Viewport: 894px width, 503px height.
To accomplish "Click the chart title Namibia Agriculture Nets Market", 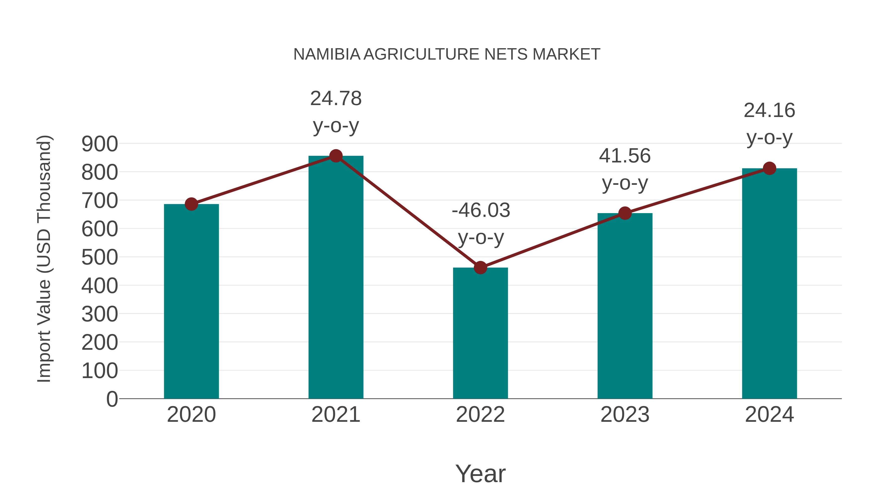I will click(447, 54).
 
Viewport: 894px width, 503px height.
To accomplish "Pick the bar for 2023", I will click(625, 306).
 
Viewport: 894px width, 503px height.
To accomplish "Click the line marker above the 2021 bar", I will click(335, 156).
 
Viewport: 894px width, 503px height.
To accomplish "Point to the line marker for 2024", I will click(769, 168).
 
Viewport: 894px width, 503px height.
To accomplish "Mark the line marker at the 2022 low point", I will click(480, 268).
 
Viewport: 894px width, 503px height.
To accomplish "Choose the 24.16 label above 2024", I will click(769, 124).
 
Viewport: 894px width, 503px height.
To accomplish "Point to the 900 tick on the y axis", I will click(100, 144).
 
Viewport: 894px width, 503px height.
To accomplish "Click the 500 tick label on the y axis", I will click(100, 257).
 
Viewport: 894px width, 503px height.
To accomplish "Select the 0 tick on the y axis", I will click(112, 399).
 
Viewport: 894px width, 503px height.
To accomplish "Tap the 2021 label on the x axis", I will click(335, 415).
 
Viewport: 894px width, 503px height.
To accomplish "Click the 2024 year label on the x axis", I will click(769, 415).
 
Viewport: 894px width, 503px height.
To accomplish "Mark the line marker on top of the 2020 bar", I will click(191, 204).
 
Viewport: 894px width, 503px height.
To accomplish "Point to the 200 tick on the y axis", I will click(100, 342).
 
